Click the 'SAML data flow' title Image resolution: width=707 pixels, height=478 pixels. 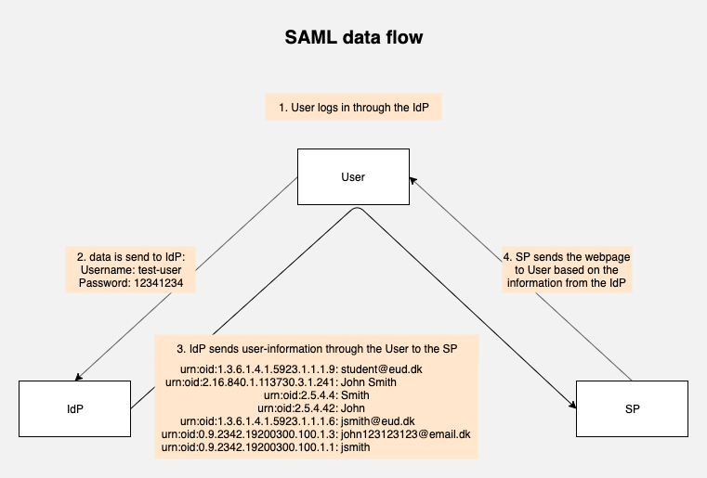pos(353,37)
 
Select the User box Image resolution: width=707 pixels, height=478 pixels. pos(353,176)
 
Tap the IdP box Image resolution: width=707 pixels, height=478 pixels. pos(75,408)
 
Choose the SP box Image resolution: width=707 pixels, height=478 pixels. pos(632,408)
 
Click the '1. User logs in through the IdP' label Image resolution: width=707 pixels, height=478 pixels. pos(353,108)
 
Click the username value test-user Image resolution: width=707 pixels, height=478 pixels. pos(160,270)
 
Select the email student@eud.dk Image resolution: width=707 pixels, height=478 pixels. pos(382,369)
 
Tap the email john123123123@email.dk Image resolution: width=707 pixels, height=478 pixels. pos(405,434)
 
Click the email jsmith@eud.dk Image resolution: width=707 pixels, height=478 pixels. pos(377,421)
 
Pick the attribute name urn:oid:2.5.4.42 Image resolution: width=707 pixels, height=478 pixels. pos(296,408)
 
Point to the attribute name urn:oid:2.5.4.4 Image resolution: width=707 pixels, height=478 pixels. pos(299,395)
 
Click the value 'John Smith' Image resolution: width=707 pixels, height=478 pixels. pos(369,382)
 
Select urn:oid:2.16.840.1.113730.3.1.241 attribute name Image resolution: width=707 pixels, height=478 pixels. pos(250,382)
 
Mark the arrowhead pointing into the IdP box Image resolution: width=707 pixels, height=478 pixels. pos(78,377)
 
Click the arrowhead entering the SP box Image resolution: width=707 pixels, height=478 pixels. pos(572,405)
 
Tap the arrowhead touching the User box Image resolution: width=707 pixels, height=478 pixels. pos(412,180)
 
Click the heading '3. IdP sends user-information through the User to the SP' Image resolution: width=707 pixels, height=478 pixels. pos(317,349)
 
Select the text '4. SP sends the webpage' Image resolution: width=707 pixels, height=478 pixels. pos(567,257)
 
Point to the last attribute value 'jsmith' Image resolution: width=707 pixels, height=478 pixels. pos(355,447)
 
